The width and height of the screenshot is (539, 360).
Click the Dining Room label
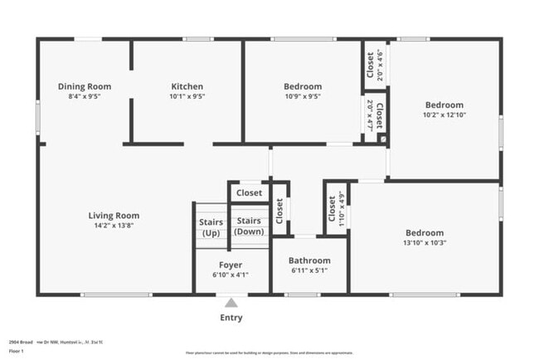click(84, 86)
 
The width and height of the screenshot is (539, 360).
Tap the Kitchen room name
click(187, 86)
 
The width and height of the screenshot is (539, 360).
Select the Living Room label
click(114, 216)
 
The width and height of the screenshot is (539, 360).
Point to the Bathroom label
click(309, 260)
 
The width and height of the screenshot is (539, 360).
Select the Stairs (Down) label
click(249, 226)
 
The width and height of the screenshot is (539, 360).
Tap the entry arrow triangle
click(231, 303)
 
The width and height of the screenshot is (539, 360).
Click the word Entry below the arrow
click(231, 318)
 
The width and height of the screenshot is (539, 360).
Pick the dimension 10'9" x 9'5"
click(302, 96)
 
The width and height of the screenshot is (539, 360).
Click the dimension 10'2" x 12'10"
click(444, 115)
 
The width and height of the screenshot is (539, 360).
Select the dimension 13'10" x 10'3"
click(424, 243)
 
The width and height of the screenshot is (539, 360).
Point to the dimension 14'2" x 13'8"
click(114, 226)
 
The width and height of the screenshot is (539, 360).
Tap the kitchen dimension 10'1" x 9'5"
click(187, 96)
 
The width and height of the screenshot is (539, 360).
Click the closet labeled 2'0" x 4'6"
click(370, 65)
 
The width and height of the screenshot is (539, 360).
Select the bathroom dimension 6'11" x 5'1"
click(309, 270)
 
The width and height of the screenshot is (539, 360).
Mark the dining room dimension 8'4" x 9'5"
click(84, 96)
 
